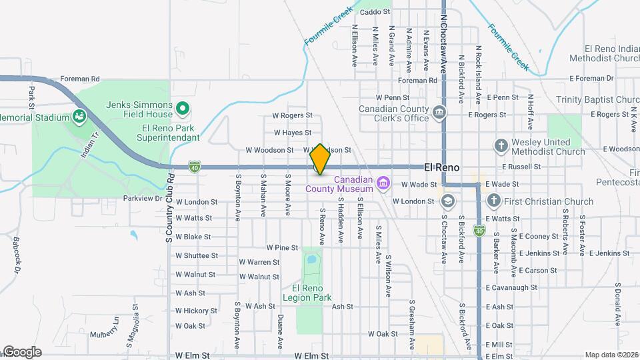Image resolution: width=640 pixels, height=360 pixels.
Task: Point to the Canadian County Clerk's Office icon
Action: point(439,111)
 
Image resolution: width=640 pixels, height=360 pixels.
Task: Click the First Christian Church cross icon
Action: point(493,200)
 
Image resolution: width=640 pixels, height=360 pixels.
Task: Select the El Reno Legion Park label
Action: point(307,293)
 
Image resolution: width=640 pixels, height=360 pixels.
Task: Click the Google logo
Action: point(21,352)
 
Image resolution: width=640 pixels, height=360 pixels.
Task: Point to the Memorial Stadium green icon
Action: point(80,117)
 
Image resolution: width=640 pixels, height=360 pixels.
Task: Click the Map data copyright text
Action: point(611,355)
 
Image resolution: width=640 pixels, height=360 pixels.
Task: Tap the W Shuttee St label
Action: point(197,255)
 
